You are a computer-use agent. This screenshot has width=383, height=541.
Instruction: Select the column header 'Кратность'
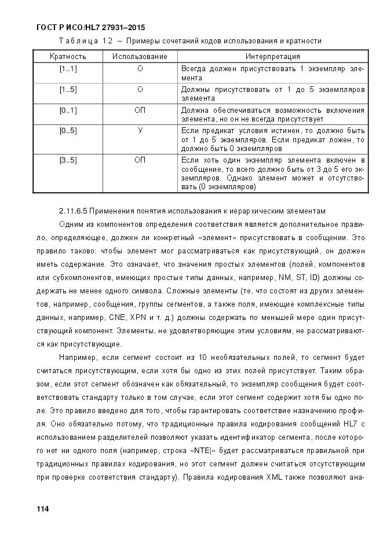coord(68,57)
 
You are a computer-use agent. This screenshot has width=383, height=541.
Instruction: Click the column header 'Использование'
coord(140,57)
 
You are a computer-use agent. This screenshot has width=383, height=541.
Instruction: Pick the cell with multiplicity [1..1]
coord(68,69)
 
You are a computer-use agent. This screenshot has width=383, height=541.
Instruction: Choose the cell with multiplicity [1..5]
coord(68,90)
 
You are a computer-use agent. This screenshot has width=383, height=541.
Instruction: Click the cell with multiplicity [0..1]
coord(68,110)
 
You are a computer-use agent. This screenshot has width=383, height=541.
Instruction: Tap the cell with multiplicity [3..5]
coord(68,160)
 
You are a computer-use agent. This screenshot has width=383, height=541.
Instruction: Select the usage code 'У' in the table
coord(140,130)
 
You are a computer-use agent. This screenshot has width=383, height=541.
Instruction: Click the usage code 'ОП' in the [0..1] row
coord(140,110)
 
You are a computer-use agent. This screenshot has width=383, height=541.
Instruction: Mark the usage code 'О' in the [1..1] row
coord(140,69)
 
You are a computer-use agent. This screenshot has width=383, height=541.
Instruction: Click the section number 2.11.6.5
coord(74,211)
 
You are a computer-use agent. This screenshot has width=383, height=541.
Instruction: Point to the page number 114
coord(42,509)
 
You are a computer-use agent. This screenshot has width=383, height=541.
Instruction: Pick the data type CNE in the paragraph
coord(119,318)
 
